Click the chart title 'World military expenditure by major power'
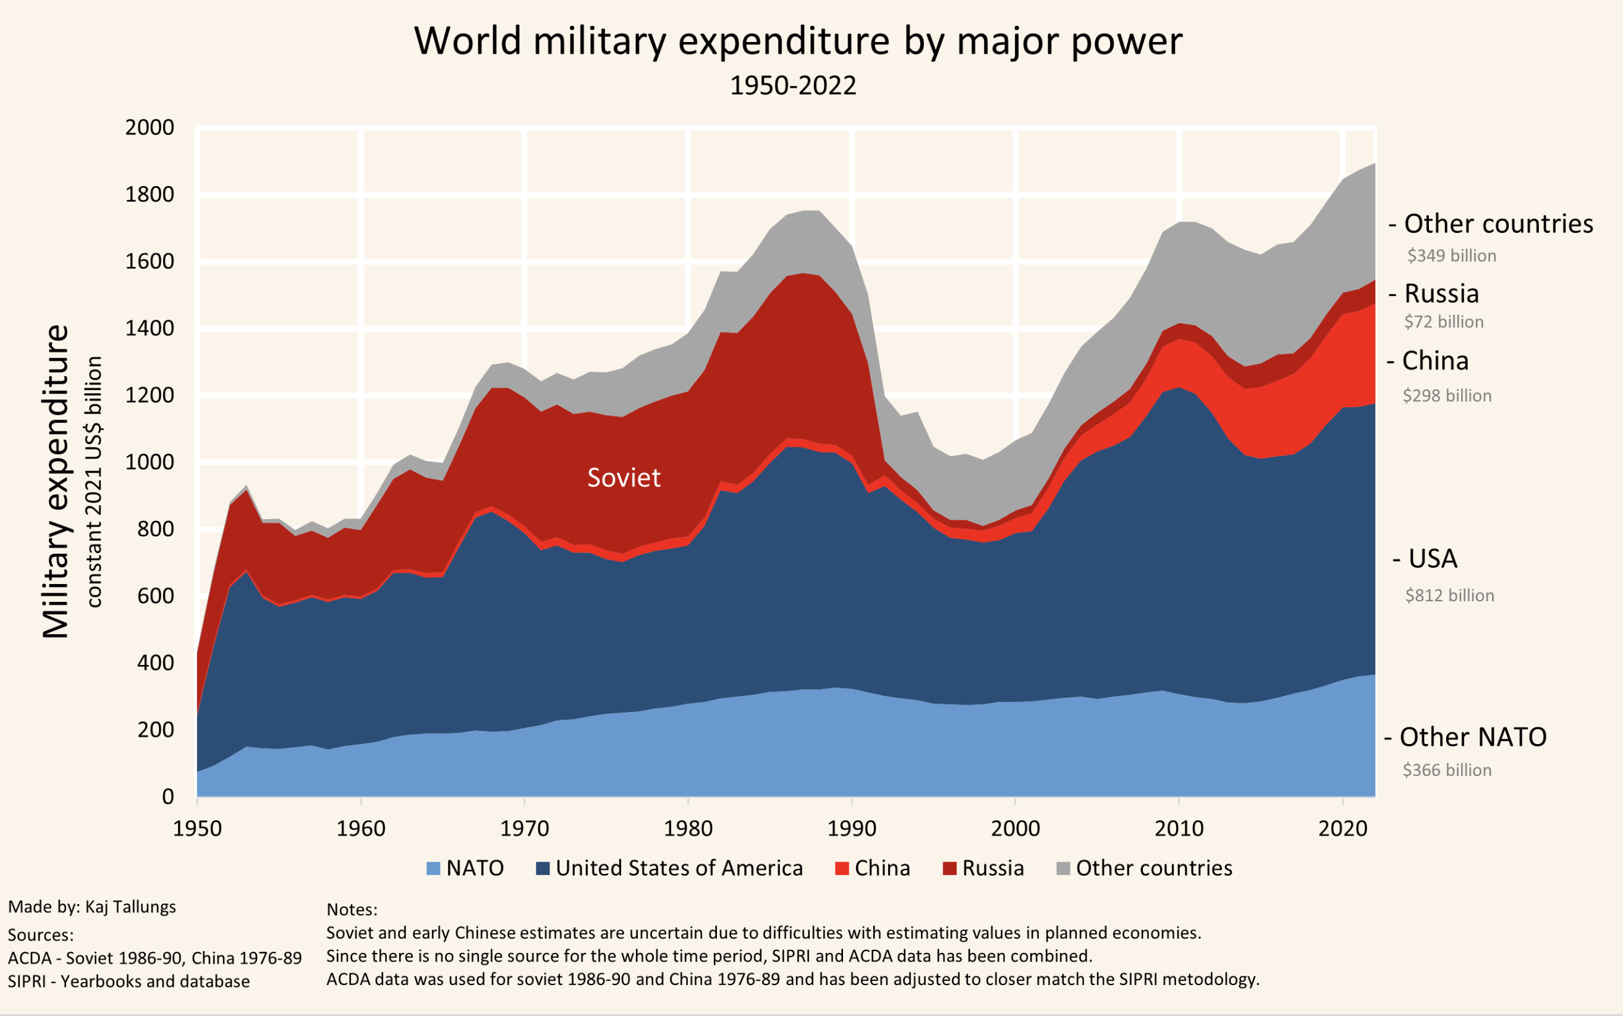click(x=798, y=41)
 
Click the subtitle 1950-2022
click(x=793, y=86)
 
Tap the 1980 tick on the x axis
click(x=687, y=829)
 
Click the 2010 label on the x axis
click(x=1179, y=829)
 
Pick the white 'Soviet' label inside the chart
click(x=624, y=478)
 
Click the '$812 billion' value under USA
click(x=1449, y=596)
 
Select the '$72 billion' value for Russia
click(x=1444, y=322)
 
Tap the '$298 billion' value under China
click(x=1447, y=396)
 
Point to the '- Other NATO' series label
click(x=1465, y=737)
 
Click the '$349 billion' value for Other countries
click(x=1452, y=256)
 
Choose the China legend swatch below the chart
click(x=841, y=868)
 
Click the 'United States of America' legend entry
click(x=679, y=868)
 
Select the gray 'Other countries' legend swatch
click(x=1063, y=868)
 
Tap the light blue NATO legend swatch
click(x=433, y=868)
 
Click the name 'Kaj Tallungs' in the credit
click(x=130, y=907)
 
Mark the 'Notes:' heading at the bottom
click(x=352, y=910)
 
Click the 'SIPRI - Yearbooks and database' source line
click(x=129, y=982)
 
